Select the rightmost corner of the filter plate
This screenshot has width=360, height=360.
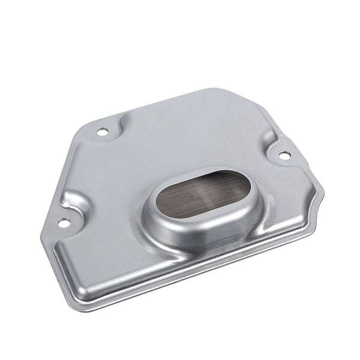click(x=322, y=191)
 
